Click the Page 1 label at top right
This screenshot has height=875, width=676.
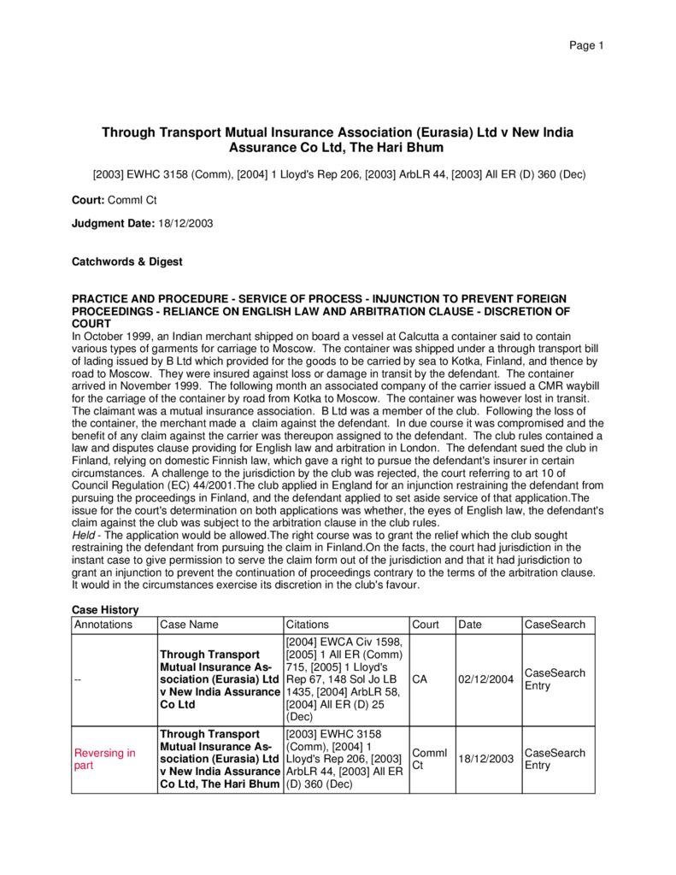pos(586,45)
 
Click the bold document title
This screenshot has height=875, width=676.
pos(338,140)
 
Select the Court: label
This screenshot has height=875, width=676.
pos(89,199)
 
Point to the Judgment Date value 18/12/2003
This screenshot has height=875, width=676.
pos(185,223)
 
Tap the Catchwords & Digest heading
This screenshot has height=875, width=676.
pos(126,261)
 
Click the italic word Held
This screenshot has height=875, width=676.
pos(84,535)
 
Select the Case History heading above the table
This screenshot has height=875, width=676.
pos(104,609)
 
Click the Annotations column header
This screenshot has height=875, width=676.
pos(103,625)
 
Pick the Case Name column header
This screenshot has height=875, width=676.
pos(189,625)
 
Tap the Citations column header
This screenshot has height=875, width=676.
pos(307,625)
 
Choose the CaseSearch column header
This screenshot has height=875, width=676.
pos(555,625)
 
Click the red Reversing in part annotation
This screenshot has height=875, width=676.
pos(104,759)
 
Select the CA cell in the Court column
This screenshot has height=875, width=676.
pos(420,679)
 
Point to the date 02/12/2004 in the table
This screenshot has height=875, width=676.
pos(485,679)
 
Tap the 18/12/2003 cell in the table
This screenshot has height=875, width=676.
pos(485,759)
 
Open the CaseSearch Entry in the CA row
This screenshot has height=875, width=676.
pos(555,679)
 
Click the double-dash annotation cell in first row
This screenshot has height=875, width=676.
pos(78,679)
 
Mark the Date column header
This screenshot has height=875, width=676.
pos(470,625)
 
